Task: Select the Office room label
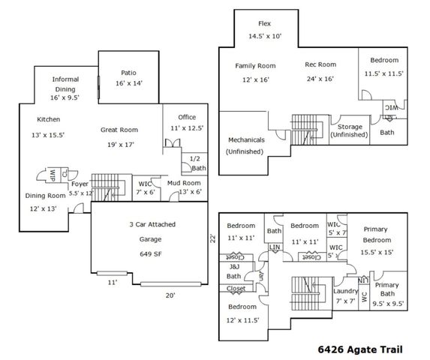pos(187,117)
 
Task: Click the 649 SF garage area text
pos(147,253)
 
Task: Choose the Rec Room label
pos(320,65)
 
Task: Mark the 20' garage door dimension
pos(170,295)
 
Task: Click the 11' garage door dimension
pos(111,283)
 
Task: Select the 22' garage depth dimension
pos(212,238)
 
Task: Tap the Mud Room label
pos(184,182)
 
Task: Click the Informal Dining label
pos(65,83)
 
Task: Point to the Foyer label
pos(80,183)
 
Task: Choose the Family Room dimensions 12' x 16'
pos(251,79)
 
